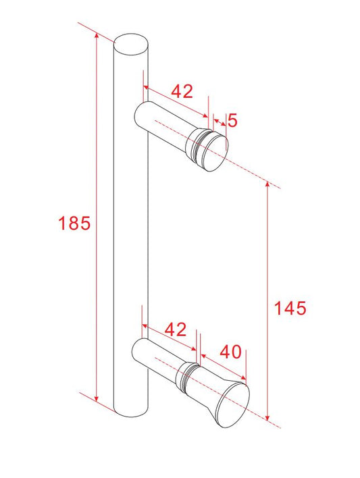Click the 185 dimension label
point(74,223)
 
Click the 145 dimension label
point(290,308)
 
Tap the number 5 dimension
point(232,121)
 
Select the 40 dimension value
point(230,352)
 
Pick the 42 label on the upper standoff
point(182,91)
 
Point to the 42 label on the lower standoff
point(175,329)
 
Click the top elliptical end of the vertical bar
point(131,44)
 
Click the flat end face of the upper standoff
point(215,154)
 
